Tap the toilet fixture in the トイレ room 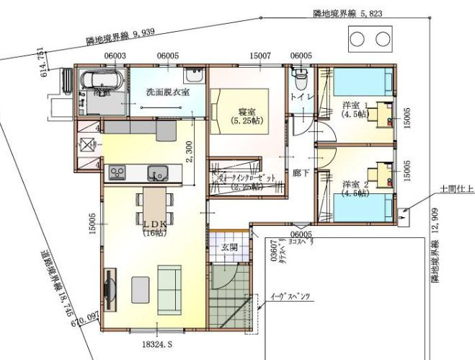(x=301, y=75)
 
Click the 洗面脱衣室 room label (x=167, y=92)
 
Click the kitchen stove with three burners (x=117, y=172)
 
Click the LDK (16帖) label (x=155, y=228)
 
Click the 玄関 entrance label (x=229, y=247)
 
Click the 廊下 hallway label (x=301, y=173)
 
